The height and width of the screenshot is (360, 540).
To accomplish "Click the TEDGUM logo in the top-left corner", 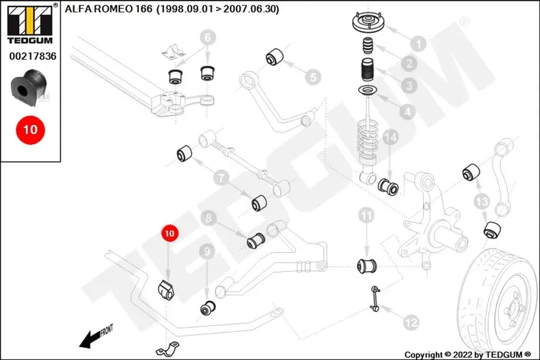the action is click(x=30, y=24).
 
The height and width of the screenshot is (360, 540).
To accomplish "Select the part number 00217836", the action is click(x=33, y=56).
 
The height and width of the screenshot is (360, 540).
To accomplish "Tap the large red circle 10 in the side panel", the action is click(x=30, y=130).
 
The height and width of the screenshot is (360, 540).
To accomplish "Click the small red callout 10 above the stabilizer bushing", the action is click(x=169, y=234).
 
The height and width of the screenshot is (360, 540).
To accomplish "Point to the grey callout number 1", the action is click(x=419, y=44).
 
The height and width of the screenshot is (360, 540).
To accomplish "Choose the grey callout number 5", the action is click(x=313, y=77).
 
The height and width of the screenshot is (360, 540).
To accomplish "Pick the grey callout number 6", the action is click(x=208, y=37).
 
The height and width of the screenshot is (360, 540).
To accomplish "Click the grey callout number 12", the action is click(x=411, y=322).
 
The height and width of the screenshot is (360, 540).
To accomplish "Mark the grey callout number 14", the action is click(x=390, y=137).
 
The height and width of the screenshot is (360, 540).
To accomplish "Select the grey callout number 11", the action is click(x=366, y=216).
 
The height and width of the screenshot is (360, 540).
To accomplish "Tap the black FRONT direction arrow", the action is click(x=92, y=338).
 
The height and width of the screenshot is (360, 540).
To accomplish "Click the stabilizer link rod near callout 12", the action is click(x=375, y=299).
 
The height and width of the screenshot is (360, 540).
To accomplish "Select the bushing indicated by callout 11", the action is click(x=367, y=266).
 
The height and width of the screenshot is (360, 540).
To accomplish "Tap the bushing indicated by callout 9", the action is click(x=208, y=308).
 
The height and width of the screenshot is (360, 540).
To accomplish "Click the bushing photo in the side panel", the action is click(x=28, y=88).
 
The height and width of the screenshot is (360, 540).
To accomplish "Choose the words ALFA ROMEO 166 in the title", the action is click(x=109, y=9).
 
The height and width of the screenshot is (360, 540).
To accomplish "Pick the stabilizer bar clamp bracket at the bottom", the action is click(x=168, y=349).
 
